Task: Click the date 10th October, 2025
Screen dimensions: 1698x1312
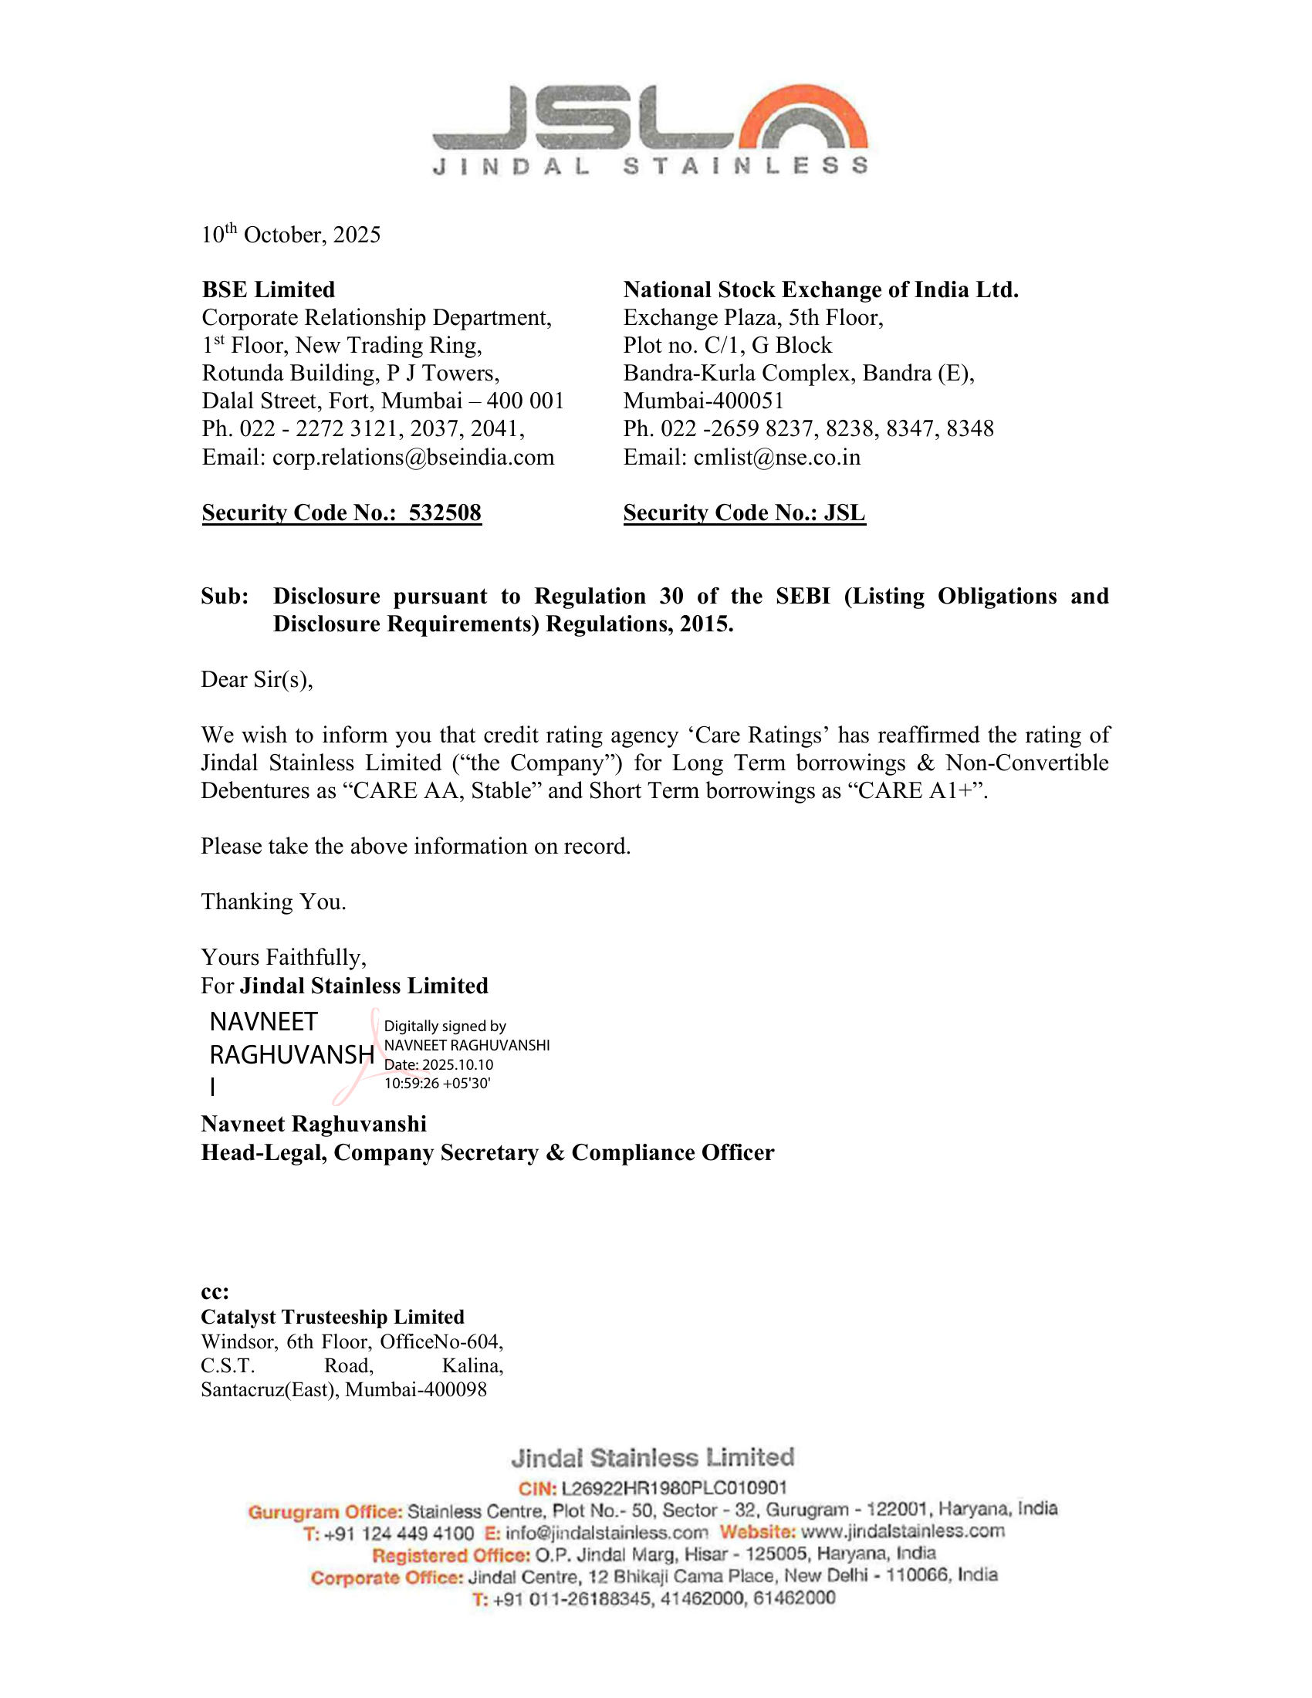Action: tap(291, 235)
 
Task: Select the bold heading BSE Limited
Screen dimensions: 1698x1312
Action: tap(268, 289)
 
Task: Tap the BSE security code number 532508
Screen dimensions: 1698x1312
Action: tap(445, 512)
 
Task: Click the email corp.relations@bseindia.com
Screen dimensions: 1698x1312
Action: tap(413, 457)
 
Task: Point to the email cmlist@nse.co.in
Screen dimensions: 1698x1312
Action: tap(776, 457)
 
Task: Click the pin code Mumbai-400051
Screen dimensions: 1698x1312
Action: tap(703, 401)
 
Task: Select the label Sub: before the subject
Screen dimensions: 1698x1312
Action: tap(225, 597)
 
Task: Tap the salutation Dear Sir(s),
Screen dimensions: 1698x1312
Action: tap(256, 679)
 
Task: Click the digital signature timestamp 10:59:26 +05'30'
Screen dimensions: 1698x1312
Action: tap(437, 1083)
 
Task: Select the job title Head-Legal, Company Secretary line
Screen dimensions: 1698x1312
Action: tap(487, 1152)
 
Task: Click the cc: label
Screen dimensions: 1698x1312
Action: tap(215, 1292)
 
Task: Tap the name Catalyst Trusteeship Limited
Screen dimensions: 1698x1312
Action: tap(332, 1317)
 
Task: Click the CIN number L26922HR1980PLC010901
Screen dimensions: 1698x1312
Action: tap(673, 1488)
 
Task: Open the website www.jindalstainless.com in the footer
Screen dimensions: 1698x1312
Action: tap(902, 1531)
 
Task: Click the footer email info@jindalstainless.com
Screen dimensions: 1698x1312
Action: tap(607, 1532)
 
